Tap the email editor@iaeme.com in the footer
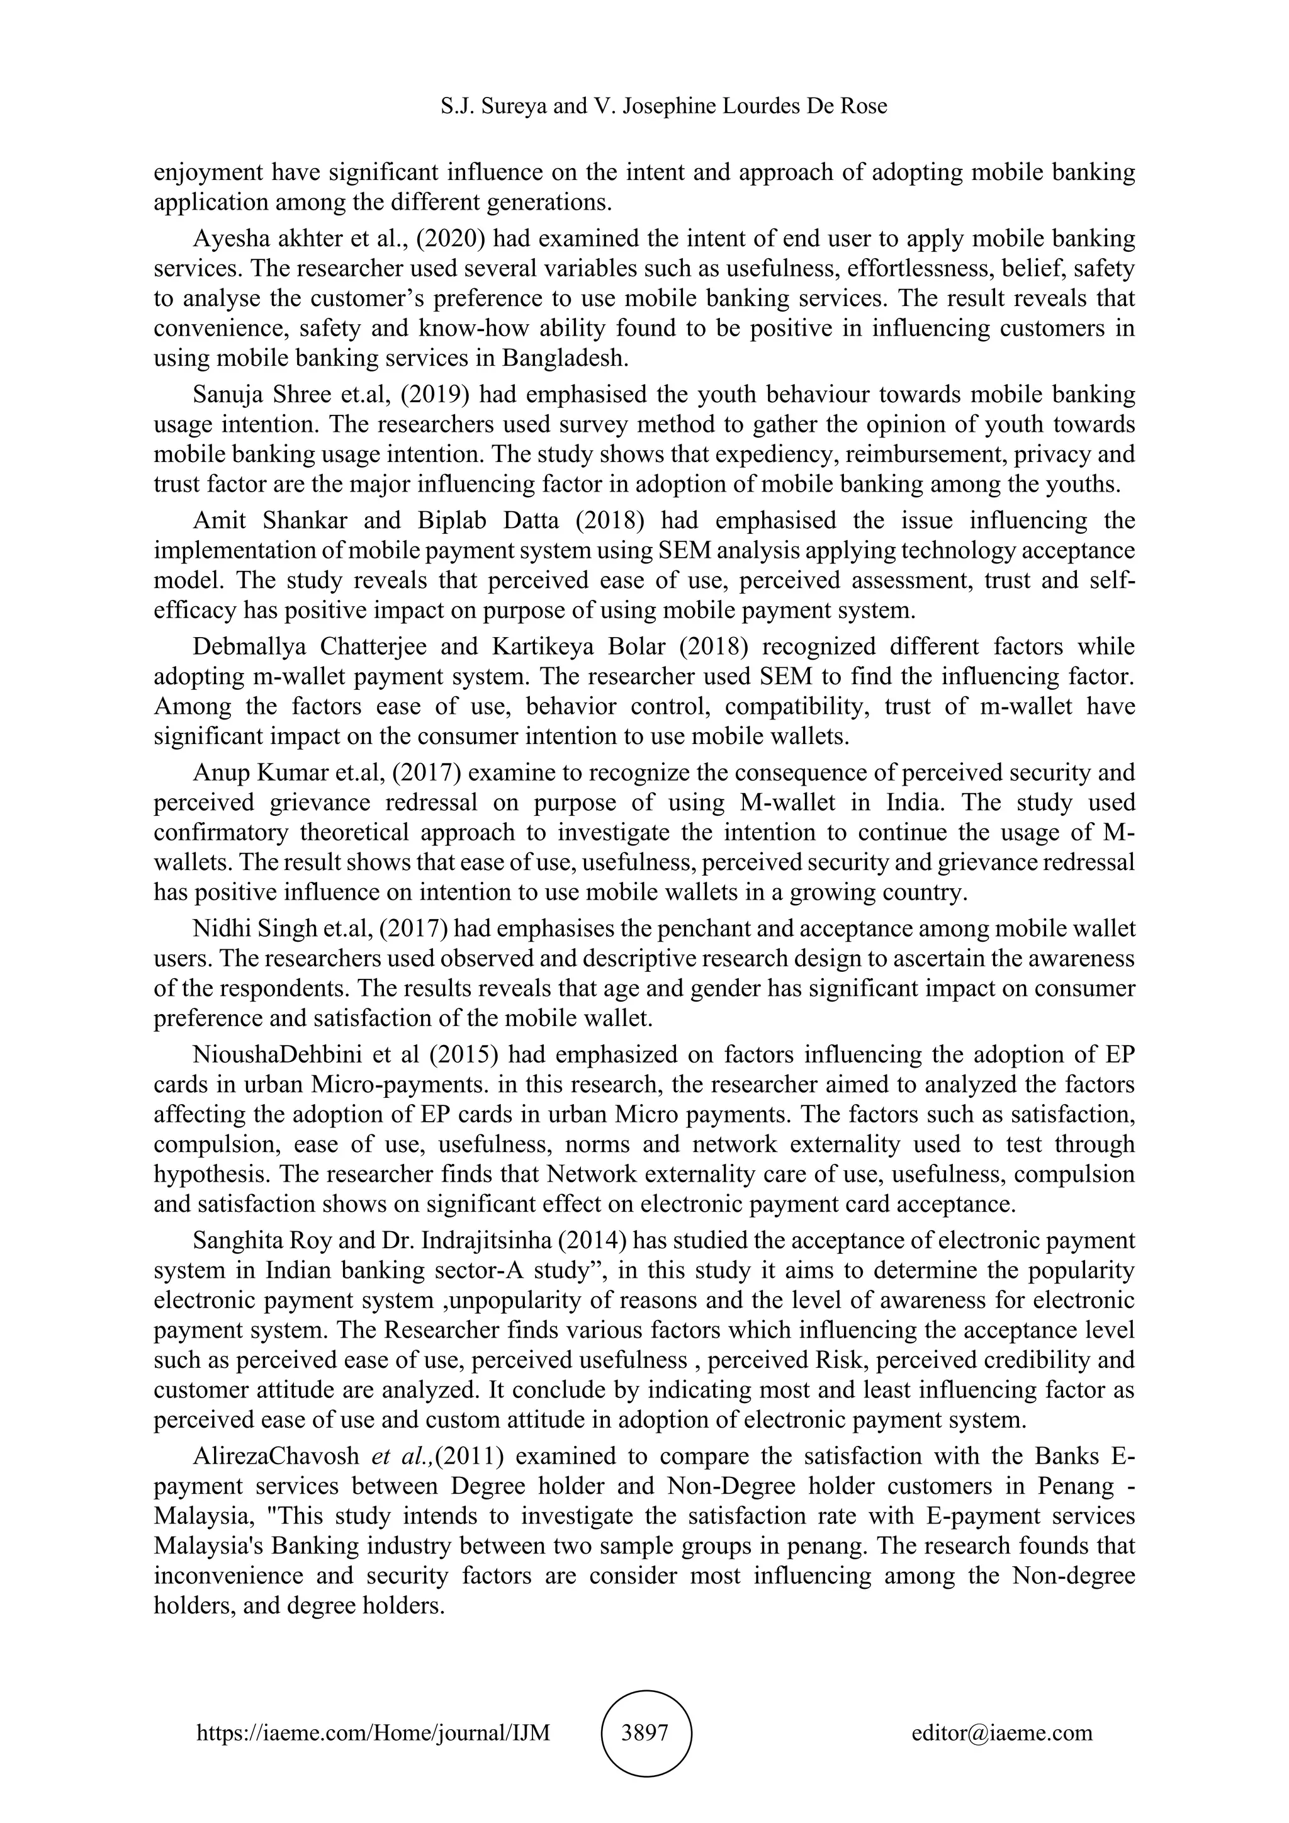click(x=1001, y=1732)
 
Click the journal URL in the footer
click(x=373, y=1732)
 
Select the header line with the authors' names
click(x=663, y=106)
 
